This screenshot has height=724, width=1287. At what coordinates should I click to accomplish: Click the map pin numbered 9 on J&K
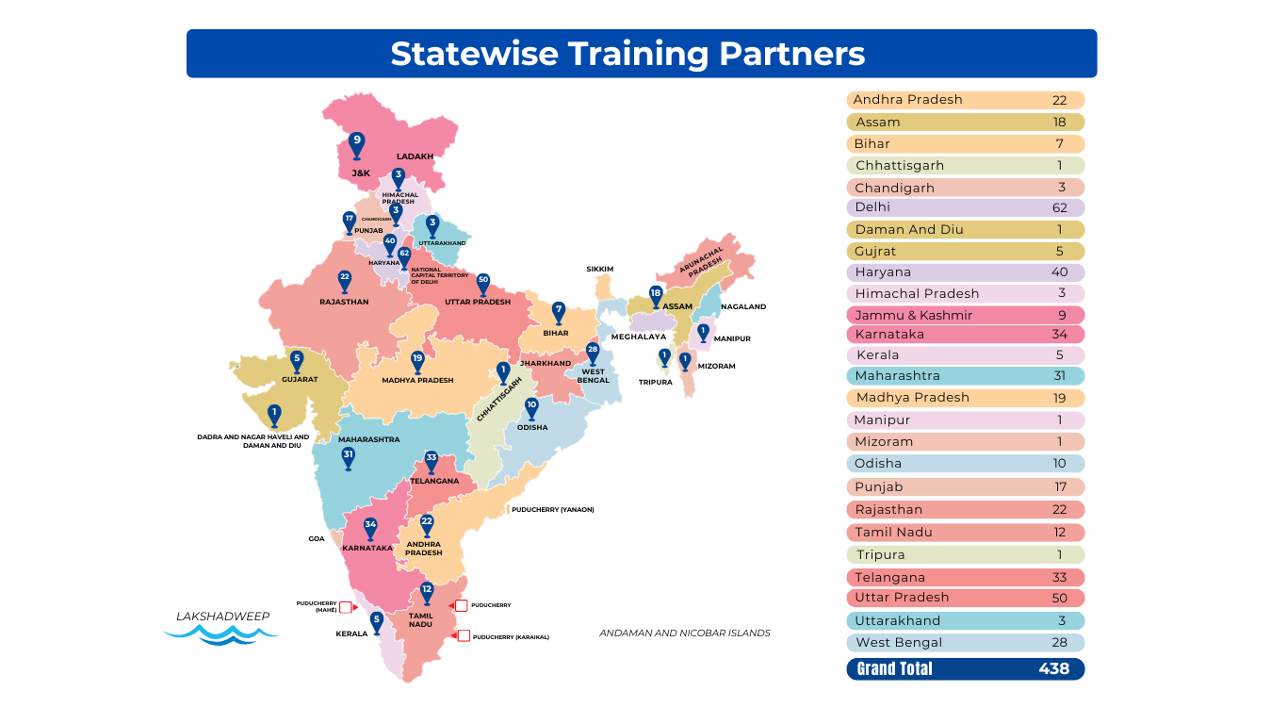tap(356, 143)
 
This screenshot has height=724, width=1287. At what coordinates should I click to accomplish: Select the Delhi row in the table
tap(966, 207)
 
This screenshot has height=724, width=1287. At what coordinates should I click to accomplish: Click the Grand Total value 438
tap(1053, 668)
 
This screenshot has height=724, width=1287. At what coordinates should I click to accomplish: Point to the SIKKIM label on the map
tap(599, 269)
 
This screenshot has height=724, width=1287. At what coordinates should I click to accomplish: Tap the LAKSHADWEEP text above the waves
tap(222, 617)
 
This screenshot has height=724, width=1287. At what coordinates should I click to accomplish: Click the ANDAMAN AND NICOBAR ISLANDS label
tap(684, 633)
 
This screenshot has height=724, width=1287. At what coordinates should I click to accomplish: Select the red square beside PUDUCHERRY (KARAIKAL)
tap(464, 636)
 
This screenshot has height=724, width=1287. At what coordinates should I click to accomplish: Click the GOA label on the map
tap(317, 538)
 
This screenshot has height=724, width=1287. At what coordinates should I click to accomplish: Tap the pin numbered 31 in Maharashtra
tap(349, 457)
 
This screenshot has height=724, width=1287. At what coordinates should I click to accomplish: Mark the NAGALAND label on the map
tap(743, 306)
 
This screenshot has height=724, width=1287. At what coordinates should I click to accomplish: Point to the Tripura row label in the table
tap(880, 555)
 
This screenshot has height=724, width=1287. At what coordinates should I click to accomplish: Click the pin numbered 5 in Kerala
tap(377, 621)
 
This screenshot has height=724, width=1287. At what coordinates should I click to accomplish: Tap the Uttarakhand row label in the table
tap(897, 620)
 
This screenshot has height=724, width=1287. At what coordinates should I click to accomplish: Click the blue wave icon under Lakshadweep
tap(221, 636)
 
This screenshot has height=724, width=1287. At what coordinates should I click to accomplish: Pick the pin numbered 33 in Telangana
tap(432, 460)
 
